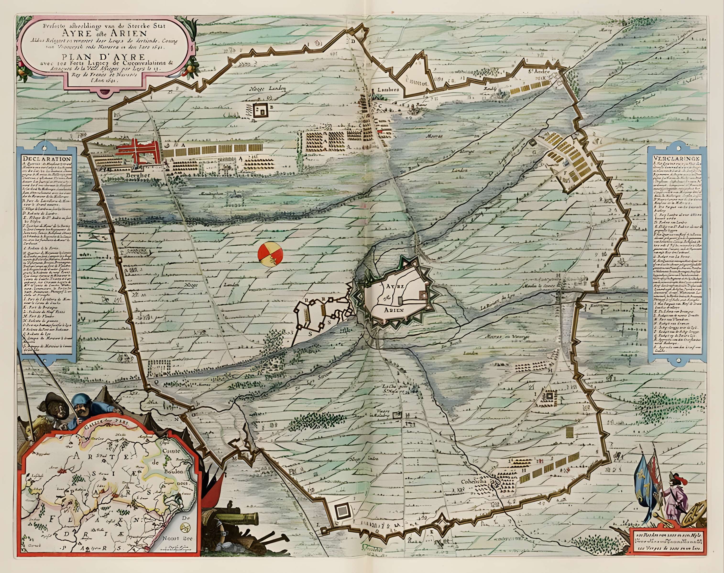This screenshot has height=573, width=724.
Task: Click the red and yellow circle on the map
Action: [x=270, y=254]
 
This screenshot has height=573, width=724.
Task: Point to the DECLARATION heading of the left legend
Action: [x=47, y=159]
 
